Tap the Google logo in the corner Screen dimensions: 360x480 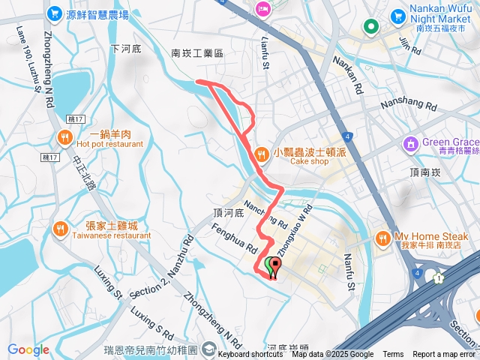click(x=28, y=349)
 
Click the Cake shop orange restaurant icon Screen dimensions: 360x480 click(x=260, y=154)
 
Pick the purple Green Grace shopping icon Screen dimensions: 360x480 click(x=410, y=142)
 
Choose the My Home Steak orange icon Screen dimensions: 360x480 click(x=382, y=238)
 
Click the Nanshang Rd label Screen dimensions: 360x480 click(x=408, y=106)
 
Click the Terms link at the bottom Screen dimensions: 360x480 click(x=393, y=354)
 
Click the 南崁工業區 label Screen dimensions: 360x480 click(x=198, y=53)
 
